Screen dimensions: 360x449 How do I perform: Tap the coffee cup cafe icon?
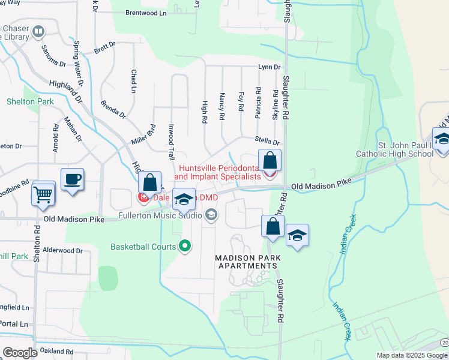click(x=72, y=179)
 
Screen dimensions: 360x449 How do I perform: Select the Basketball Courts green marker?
click(x=185, y=246)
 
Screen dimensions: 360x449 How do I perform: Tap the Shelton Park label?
click(x=30, y=101)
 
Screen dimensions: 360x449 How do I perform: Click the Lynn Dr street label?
click(x=270, y=67)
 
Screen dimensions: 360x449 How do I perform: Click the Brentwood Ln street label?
click(x=146, y=13)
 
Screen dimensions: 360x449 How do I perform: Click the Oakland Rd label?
click(x=56, y=351)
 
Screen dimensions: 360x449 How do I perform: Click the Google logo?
click(x=20, y=353)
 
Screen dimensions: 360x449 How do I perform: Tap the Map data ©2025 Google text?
click(x=412, y=355)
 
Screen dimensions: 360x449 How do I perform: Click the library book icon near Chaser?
click(x=38, y=31)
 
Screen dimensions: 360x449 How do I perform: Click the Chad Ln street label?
click(x=133, y=81)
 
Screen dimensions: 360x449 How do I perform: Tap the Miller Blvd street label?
click(x=143, y=135)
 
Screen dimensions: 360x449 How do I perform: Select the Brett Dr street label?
click(x=104, y=46)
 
